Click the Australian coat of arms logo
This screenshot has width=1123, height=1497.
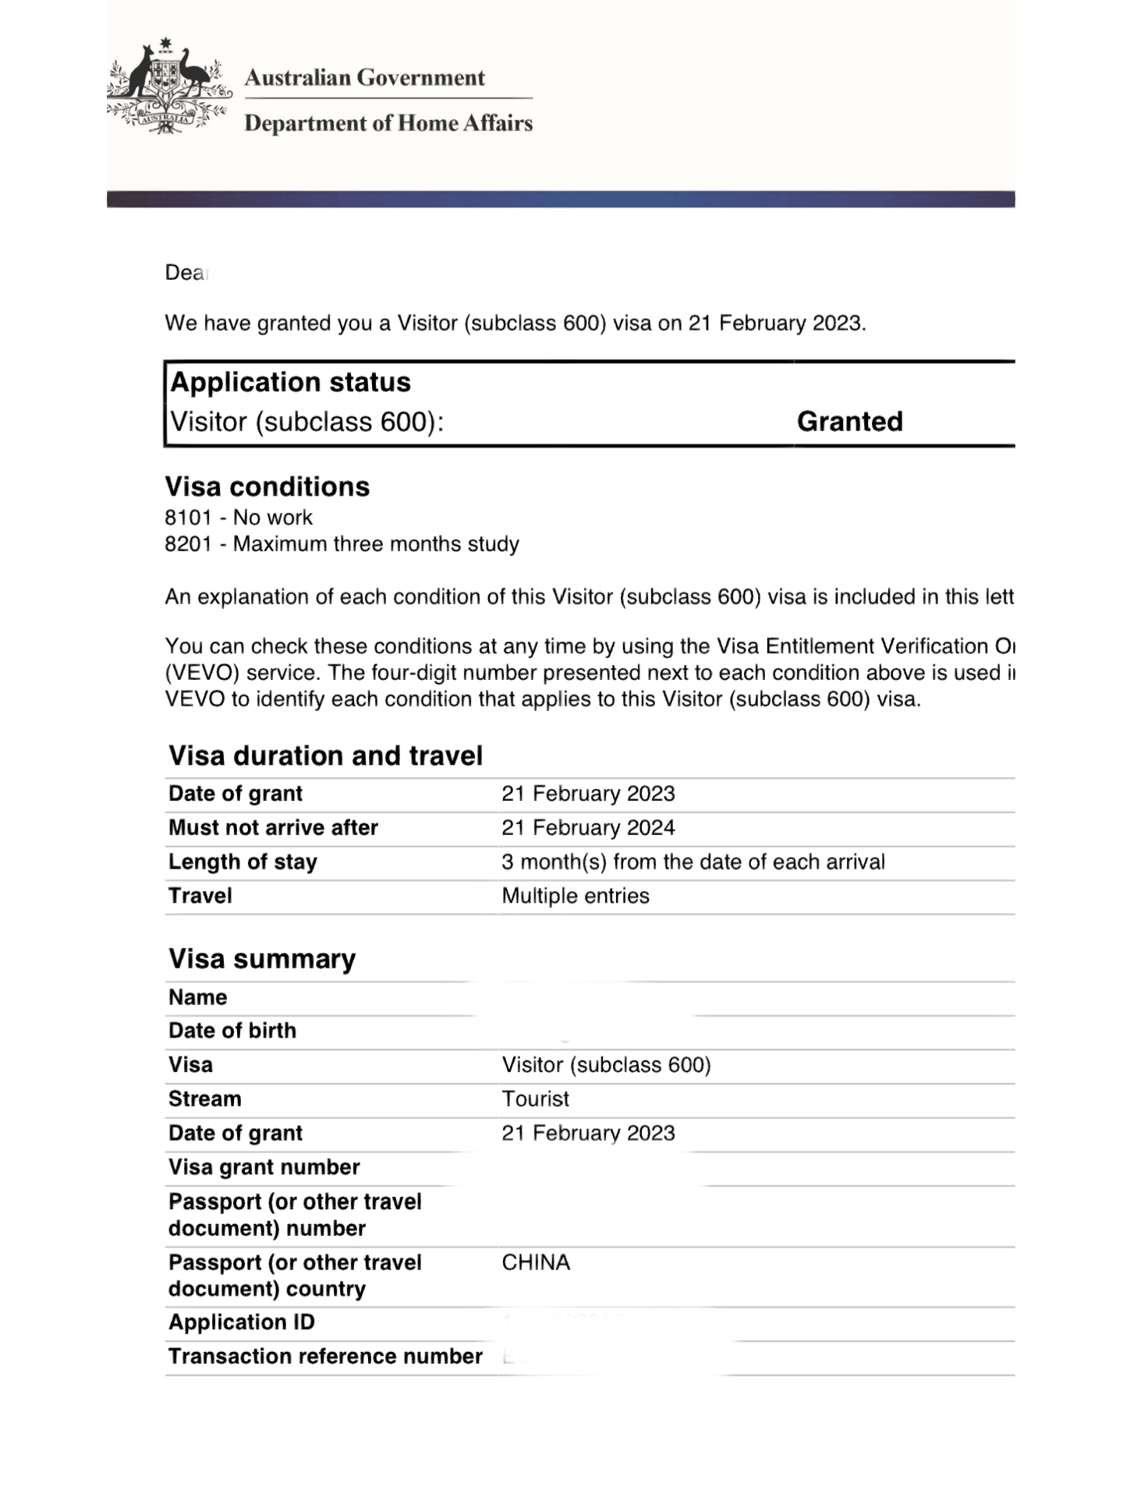[168, 86]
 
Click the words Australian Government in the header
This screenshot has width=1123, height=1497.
[364, 78]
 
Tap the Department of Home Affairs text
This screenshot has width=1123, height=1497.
[388, 123]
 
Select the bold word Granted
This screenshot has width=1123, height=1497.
[849, 422]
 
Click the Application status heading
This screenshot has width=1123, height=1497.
[290, 382]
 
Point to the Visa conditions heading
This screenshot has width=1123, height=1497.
[267, 487]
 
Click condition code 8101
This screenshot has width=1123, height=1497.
[188, 518]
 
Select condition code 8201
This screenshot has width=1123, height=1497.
[188, 544]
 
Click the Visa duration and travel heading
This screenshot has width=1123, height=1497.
[325, 756]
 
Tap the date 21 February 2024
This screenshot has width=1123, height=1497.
[588, 828]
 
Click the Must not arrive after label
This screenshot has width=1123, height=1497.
[273, 828]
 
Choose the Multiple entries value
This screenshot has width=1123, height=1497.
[576, 896]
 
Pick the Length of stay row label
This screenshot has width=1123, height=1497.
[243, 862]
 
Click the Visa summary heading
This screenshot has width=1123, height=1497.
[262, 958]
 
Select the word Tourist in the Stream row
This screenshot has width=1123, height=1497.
[536, 1099]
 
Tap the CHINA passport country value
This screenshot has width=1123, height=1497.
[536, 1262]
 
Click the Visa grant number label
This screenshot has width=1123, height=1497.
[264, 1167]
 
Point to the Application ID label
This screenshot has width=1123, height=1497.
[242, 1322]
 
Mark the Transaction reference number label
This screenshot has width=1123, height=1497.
[325, 1357]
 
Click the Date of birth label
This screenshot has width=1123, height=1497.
[232, 1031]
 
